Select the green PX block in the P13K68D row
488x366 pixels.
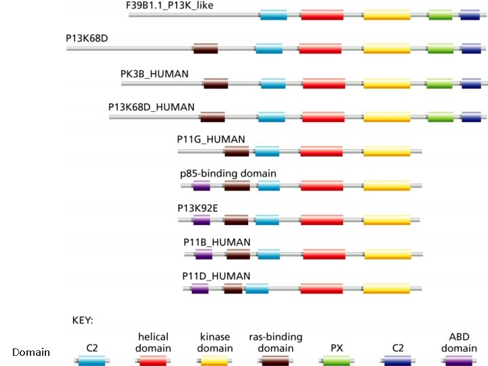(441, 49)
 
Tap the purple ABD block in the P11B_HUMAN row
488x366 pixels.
(204, 254)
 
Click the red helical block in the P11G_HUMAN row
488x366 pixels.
(321, 151)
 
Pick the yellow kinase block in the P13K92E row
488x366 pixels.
(386, 220)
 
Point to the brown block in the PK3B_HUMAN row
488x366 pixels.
(216, 83)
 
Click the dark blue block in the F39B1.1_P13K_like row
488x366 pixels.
(470, 14)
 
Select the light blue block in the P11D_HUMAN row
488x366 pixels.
(257, 289)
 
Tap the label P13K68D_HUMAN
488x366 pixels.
(151, 107)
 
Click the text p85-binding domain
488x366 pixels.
(228, 174)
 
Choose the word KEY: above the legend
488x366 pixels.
(83, 319)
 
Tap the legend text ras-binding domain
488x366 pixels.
(275, 342)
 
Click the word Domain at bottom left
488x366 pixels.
(31, 352)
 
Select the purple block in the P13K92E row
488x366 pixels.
(201, 220)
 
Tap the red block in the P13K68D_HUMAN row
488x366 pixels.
(323, 117)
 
